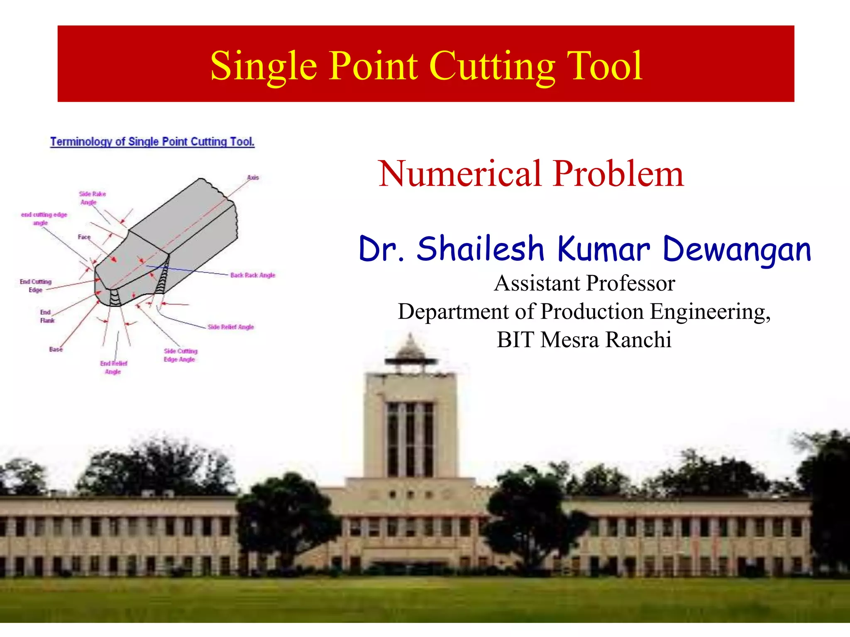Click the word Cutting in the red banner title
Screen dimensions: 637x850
pos(492,66)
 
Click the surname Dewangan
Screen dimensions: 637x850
pos(737,250)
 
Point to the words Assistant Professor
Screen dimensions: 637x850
pos(584,284)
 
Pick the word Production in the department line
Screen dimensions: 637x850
pos(592,311)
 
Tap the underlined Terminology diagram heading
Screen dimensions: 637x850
pos(152,142)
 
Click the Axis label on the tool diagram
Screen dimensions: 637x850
pos(253,177)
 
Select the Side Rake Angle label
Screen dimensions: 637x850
pos(92,198)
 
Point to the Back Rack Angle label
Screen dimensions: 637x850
pos(252,275)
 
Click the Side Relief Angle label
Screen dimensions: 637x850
pos(231,327)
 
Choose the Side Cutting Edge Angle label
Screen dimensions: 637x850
pos(180,355)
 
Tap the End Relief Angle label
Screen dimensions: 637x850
pos(113,367)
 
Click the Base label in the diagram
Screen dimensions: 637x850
pos(56,349)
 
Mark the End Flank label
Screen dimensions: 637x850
pos(47,316)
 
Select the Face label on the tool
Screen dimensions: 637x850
pos(84,237)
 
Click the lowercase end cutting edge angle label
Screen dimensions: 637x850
pos(44,219)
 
